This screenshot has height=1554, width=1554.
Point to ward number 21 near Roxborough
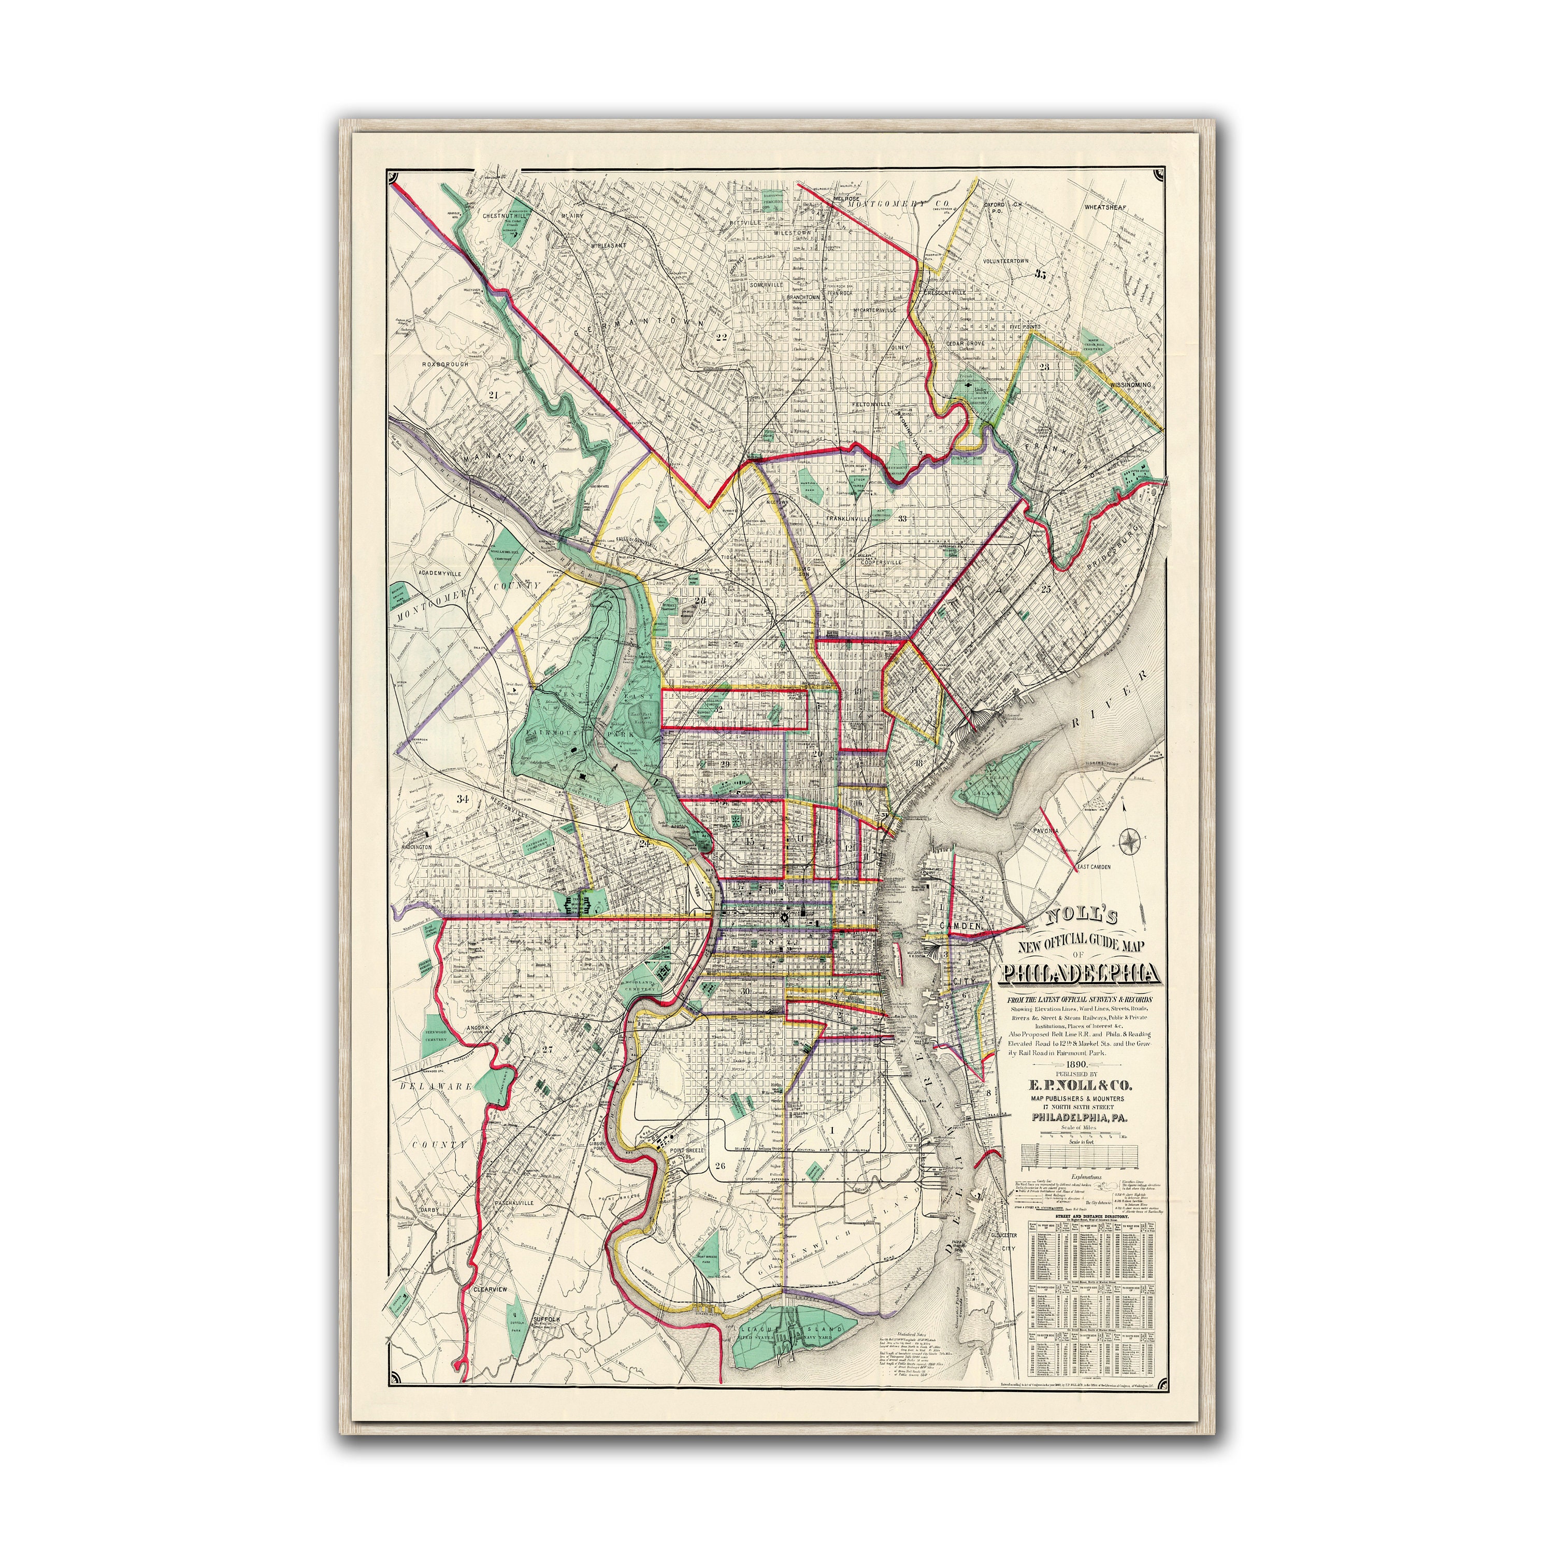click(x=493, y=395)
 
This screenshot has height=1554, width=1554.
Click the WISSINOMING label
click(x=1130, y=385)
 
